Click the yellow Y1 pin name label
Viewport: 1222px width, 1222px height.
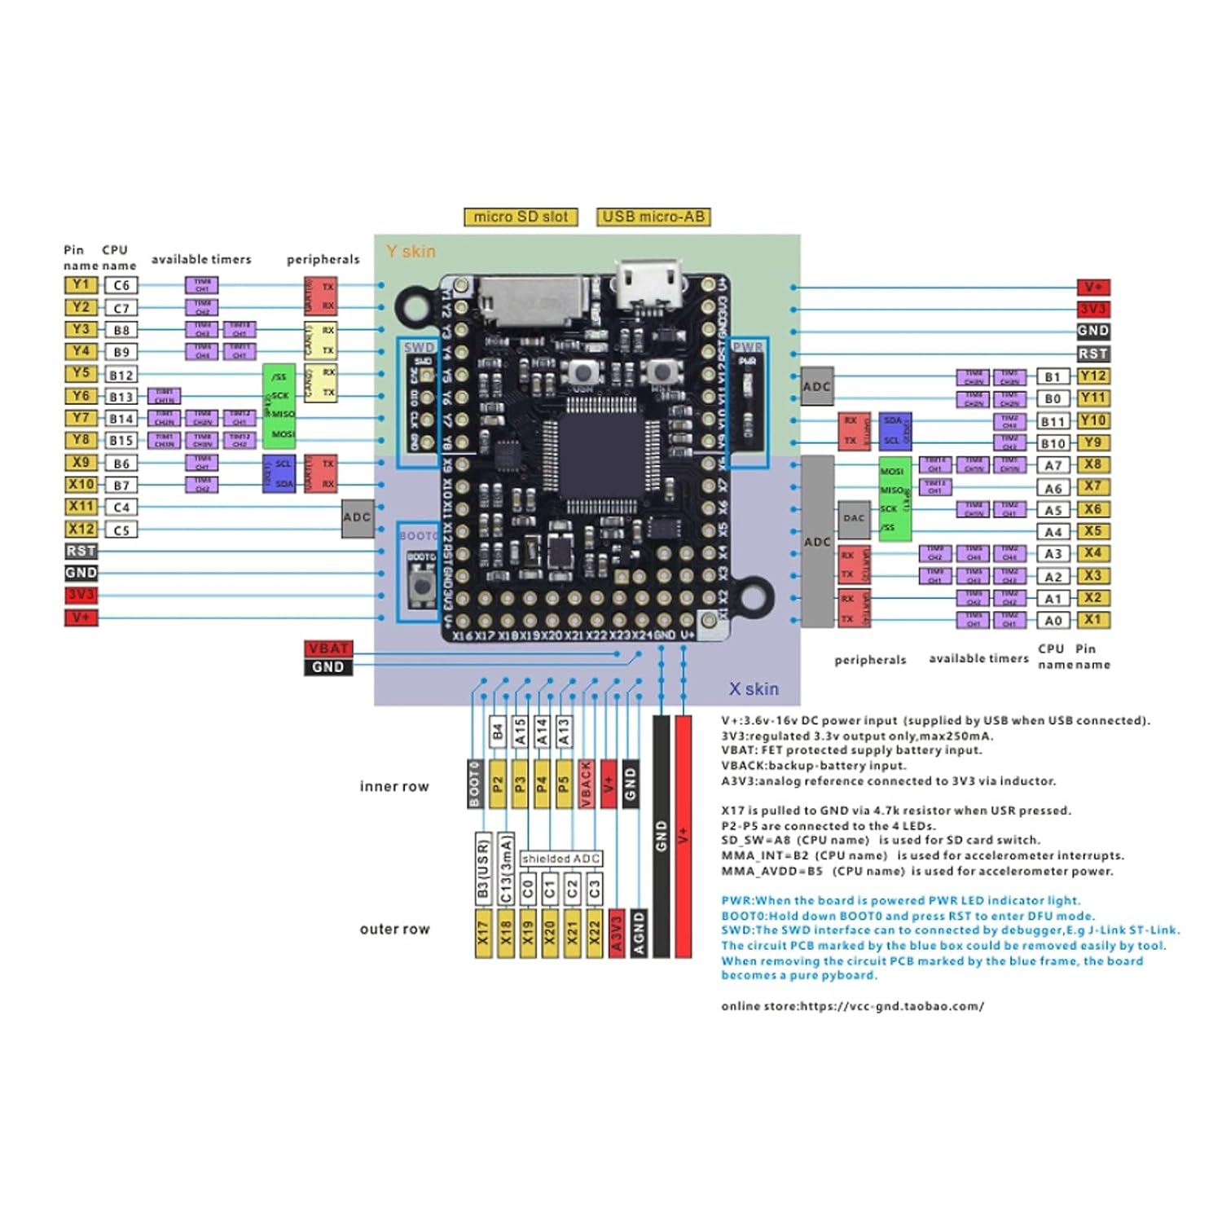81,285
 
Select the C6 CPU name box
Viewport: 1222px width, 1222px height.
121,285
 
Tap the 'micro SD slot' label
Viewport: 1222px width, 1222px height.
521,217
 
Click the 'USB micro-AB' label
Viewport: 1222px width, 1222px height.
653,217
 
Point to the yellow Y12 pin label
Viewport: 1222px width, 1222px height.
1092,376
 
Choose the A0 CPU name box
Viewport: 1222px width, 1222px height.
1053,621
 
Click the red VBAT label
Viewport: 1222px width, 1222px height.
328,648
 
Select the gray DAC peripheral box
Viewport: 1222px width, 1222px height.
854,518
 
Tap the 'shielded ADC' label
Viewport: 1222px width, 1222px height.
561,859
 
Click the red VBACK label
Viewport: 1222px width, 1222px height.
586,784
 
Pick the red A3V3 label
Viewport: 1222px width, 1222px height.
617,934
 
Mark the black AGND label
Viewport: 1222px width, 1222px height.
640,934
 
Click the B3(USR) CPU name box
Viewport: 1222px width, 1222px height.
483,868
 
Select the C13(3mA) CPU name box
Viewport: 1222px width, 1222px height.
506,868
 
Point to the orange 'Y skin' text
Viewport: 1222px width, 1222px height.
411,252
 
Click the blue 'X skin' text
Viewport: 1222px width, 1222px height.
754,689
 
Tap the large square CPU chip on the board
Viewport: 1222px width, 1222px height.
601,457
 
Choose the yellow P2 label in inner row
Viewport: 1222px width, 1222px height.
498,784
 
